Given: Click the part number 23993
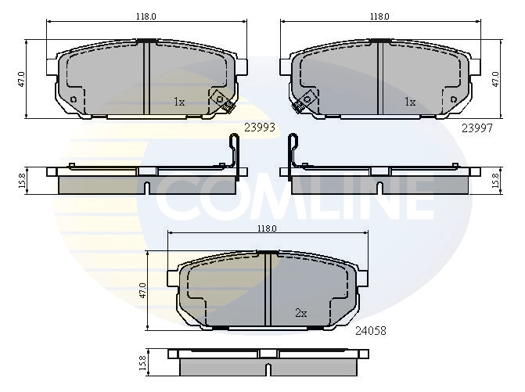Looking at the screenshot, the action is click(260, 128).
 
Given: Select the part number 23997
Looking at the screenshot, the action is click(477, 128).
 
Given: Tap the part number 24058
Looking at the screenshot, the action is click(371, 331).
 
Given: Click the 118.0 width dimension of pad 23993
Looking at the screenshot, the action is click(146, 16).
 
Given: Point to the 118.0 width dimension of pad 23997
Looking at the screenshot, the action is click(379, 16).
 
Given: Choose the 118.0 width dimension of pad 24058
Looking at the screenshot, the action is click(267, 228).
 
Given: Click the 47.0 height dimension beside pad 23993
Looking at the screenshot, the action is click(21, 79).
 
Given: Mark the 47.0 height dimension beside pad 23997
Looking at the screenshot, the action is click(495, 79).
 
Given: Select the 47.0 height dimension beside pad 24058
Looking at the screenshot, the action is click(143, 290).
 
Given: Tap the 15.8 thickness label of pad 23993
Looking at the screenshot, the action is click(22, 181).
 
